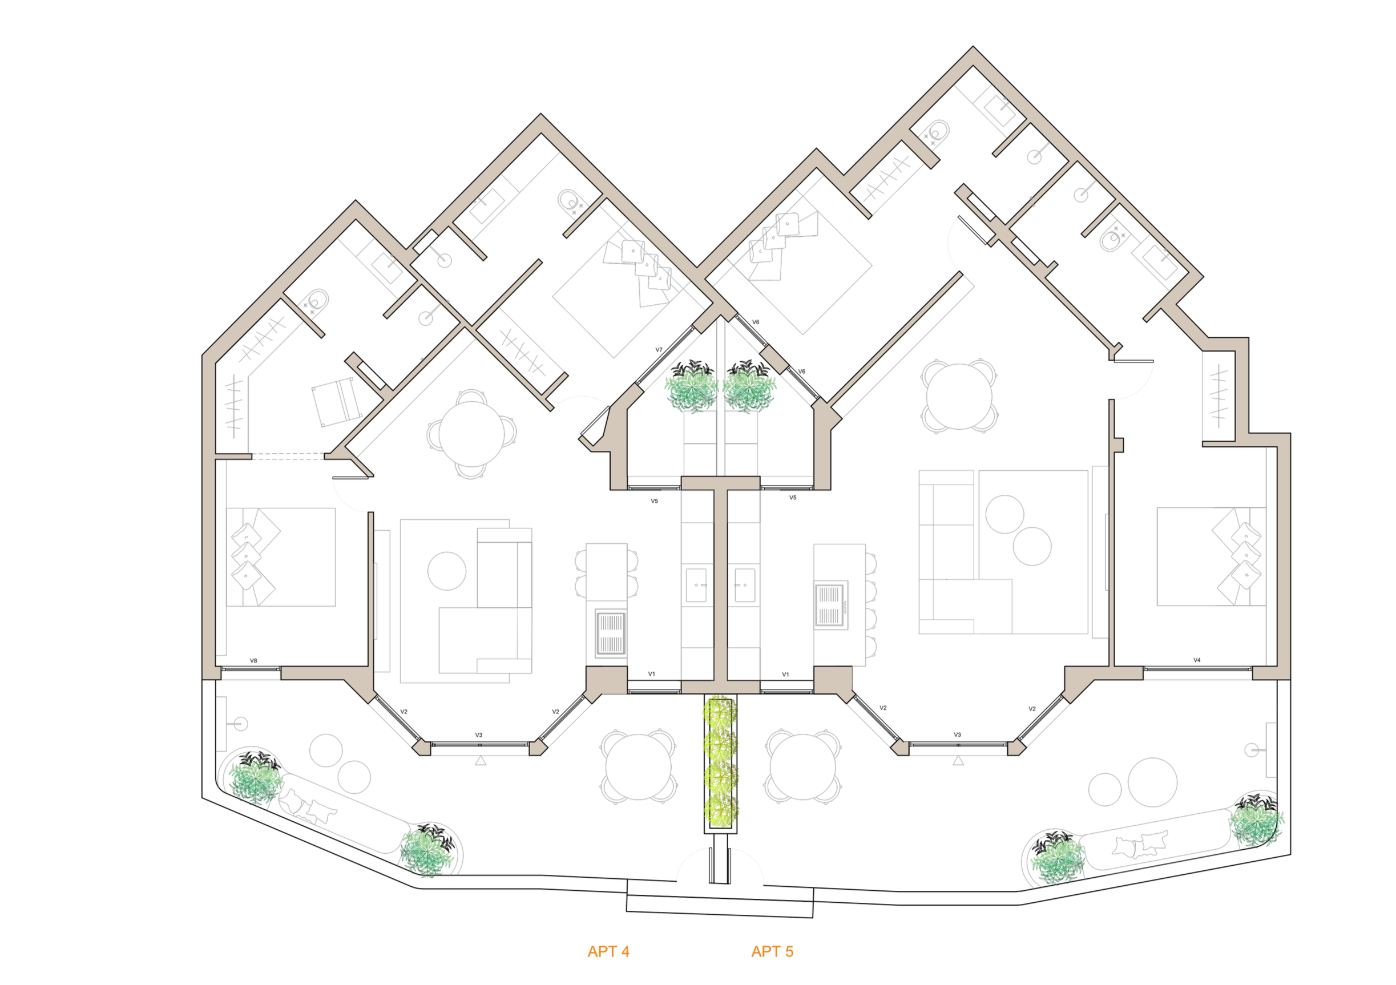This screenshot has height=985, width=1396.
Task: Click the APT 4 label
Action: point(608,951)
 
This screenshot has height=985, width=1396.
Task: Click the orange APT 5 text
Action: point(772,951)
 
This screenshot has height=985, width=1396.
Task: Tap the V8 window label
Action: point(253,661)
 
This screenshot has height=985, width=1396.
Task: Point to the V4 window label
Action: point(1197,660)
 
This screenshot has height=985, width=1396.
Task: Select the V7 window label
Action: point(659,350)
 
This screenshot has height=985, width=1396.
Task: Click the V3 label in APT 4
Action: point(478,735)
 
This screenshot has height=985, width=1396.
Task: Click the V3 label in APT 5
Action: point(957,734)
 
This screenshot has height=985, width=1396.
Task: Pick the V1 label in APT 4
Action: point(651,673)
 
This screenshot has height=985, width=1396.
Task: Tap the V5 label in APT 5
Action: point(793,498)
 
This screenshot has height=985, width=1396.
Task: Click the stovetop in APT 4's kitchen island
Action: point(611,633)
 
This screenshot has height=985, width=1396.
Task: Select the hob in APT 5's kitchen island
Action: point(830,605)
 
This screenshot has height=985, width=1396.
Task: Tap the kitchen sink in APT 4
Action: point(696,586)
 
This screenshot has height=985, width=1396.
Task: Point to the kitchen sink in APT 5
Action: point(745,586)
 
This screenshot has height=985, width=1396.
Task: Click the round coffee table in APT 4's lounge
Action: point(447,571)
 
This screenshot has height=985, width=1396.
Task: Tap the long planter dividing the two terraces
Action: point(720,764)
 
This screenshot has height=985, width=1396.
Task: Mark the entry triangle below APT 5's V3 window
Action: point(959,761)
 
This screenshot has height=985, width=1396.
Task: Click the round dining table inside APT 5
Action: point(959,397)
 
